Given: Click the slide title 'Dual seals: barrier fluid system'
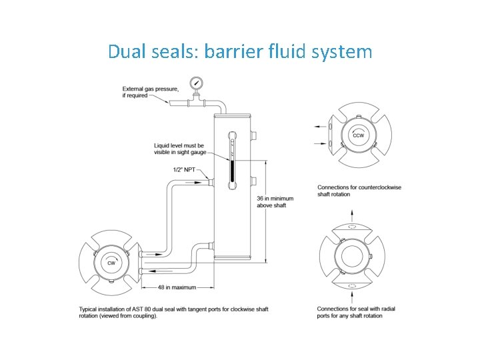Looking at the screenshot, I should (x=240, y=51).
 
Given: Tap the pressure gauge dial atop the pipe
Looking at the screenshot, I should (x=197, y=84).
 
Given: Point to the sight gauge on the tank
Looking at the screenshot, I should (x=232, y=161).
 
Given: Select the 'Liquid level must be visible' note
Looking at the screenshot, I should (x=179, y=149).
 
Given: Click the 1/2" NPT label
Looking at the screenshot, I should (x=183, y=169).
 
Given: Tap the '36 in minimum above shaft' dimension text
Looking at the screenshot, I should (x=275, y=201).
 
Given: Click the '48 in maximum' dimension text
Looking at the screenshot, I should (x=177, y=287).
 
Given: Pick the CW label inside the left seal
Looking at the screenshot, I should (x=112, y=263).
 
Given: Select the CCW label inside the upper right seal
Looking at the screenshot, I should (x=359, y=135).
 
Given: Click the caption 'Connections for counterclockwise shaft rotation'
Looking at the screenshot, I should (x=359, y=191).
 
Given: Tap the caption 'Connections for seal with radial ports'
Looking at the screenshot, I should (x=358, y=312).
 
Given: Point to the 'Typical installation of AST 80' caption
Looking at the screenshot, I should (x=173, y=312).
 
